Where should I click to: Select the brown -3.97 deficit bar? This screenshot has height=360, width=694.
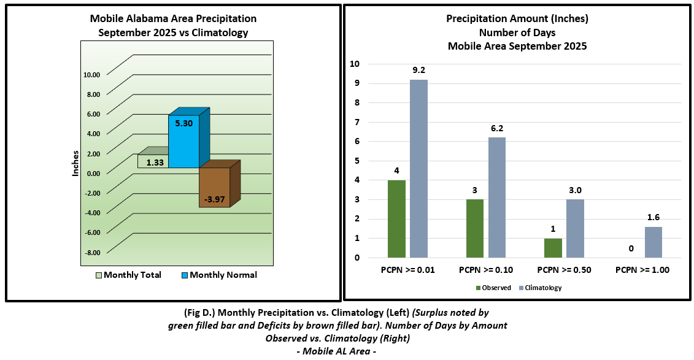214,188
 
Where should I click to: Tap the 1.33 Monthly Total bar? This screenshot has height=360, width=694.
153,161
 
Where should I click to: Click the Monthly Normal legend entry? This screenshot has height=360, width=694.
218,275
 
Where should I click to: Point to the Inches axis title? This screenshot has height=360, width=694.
75,163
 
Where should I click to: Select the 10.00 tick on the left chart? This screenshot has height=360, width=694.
91,75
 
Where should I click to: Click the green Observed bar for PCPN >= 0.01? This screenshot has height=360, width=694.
396,218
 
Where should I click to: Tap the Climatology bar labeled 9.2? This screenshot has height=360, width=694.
419,169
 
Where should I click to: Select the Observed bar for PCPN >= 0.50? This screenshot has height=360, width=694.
553,248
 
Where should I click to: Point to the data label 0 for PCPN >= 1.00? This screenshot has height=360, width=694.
631,249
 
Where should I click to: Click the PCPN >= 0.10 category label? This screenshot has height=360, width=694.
486,270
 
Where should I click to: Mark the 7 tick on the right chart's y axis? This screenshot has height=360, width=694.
355,122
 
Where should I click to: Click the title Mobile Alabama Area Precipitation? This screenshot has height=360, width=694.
173,19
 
